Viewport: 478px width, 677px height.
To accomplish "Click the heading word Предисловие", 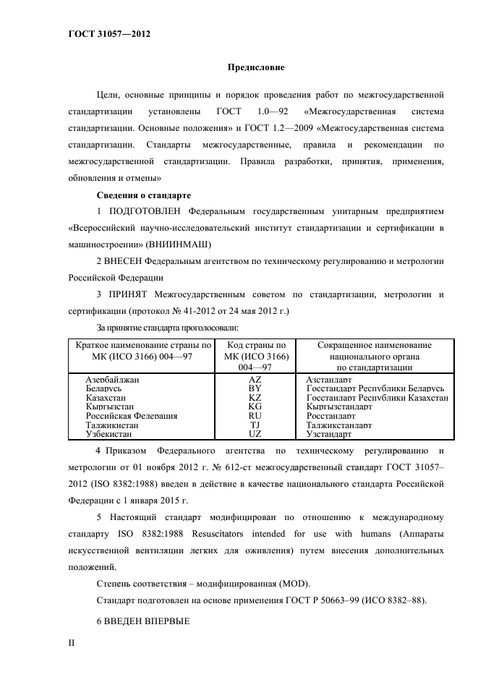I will [x=256, y=67].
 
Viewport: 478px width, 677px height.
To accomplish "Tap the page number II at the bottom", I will [x=72, y=642].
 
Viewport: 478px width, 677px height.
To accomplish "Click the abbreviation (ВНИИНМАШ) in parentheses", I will [x=175, y=244].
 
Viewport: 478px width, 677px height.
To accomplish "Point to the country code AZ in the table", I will [x=255, y=379].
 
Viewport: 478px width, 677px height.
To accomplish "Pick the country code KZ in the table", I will [x=255, y=398].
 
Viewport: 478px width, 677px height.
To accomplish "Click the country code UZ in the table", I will [x=255, y=434].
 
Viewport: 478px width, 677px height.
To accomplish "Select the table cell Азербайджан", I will [x=112, y=379].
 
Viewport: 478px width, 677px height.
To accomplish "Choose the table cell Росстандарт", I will [x=330, y=416].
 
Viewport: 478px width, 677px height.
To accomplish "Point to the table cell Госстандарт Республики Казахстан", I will [x=377, y=398].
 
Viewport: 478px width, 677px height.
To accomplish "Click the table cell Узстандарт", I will [x=328, y=434].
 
